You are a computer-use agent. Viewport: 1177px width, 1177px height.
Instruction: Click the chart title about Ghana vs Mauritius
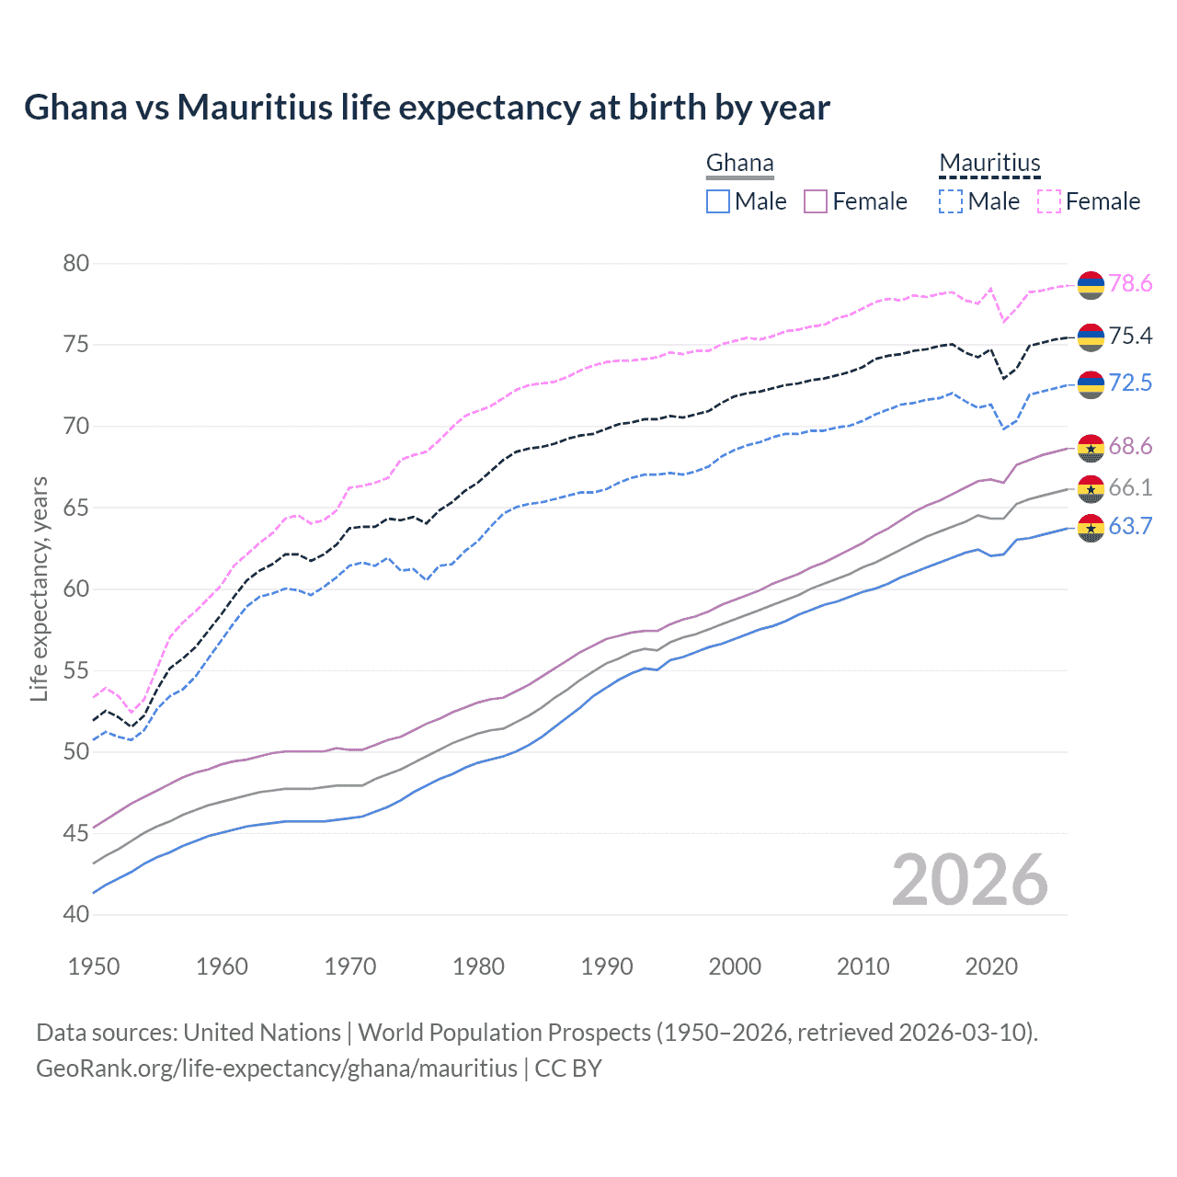427,108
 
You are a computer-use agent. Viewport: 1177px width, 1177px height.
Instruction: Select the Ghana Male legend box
718,201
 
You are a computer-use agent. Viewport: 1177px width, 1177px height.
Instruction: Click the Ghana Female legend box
816,201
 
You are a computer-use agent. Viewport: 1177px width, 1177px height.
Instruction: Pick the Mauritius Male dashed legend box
951,201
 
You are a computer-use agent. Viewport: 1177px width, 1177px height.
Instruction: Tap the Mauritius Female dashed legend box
1049,201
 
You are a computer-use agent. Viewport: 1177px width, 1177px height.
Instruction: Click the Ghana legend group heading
739,164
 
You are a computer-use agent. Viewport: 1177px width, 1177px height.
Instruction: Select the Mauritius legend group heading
989,164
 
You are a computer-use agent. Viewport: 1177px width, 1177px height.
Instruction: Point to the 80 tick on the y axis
76,264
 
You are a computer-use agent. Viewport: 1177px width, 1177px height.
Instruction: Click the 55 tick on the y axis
76,670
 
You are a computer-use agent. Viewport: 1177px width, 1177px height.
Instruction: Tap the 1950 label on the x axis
94,966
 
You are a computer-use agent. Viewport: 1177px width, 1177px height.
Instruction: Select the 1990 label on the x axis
607,966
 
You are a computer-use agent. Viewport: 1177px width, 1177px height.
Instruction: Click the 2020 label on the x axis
991,966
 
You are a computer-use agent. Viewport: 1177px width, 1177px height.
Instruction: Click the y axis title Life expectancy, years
40,588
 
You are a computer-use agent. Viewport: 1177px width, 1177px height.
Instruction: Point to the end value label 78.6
1130,284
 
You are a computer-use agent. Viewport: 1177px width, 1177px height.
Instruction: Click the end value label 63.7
1130,527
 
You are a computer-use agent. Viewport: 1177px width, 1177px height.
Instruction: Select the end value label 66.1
1130,488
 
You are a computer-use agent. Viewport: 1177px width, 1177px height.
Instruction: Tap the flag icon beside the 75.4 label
1091,337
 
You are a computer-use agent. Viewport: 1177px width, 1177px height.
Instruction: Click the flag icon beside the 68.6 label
1091,448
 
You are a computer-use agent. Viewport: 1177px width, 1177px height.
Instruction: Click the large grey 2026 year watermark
969,881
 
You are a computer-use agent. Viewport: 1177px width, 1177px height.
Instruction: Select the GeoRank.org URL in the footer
277,1068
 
